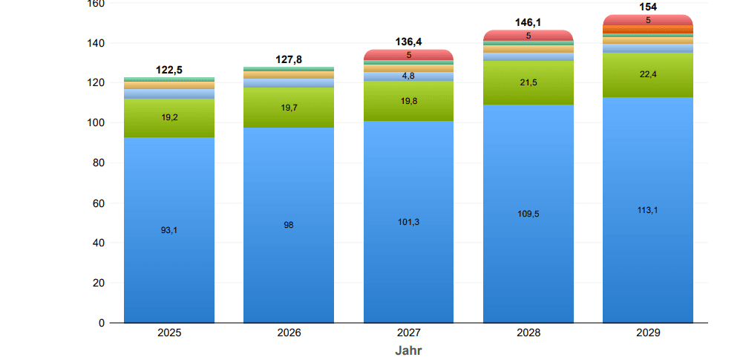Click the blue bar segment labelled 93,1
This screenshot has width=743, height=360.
[x=169, y=230]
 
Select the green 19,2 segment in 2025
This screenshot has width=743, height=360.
[x=169, y=118]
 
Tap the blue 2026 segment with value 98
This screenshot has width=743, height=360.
[x=289, y=226]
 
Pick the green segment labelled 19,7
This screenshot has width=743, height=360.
[x=289, y=108]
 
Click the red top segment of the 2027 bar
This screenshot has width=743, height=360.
[x=408, y=55]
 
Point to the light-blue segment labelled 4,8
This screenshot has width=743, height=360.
[x=408, y=76]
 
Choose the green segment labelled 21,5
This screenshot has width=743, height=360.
[x=528, y=83]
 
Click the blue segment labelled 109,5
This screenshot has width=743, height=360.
[x=528, y=214]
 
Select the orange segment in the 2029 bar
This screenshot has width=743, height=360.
[x=648, y=30]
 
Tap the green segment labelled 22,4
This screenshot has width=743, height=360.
[x=648, y=75]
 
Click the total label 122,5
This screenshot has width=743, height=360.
[x=169, y=70]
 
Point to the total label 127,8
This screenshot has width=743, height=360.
[x=289, y=59]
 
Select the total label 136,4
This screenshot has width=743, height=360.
[x=408, y=42]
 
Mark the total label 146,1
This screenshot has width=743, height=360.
[x=528, y=23]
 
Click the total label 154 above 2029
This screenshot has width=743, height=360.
[x=648, y=7]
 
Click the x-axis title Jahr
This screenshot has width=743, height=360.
[x=408, y=351]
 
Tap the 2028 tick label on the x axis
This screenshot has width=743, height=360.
[x=528, y=333]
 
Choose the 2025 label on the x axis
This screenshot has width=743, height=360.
[x=169, y=333]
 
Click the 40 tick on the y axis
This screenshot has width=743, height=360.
[x=99, y=243]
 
